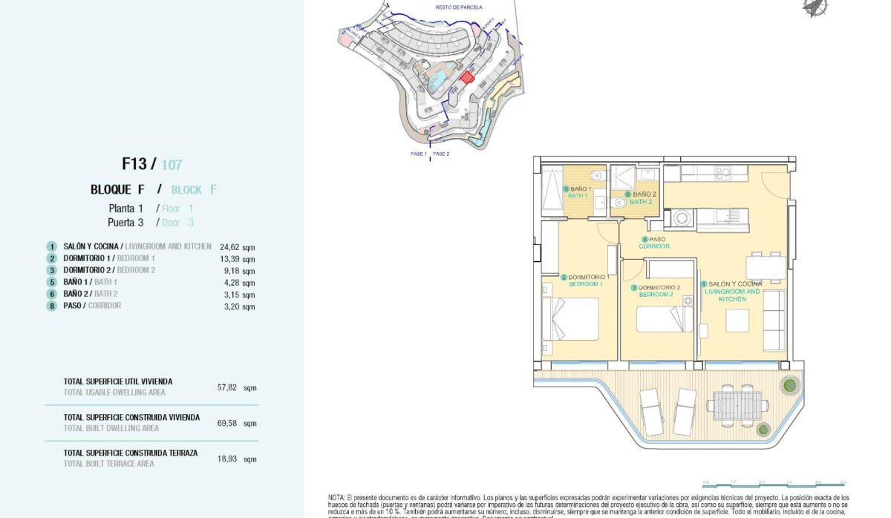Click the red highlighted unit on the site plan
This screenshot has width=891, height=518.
coord(467,77)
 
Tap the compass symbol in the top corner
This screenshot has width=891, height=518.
coord(815,7)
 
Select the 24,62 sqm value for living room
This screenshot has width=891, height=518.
coord(237,246)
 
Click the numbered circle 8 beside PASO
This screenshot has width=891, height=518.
coord(51,306)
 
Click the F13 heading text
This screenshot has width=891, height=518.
coord(135,164)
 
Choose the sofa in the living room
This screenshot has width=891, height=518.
coord(774,320)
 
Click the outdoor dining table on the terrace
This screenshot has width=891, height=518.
coord(734,405)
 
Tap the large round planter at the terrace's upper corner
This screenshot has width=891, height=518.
coord(789,385)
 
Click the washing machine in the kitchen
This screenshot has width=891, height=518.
coord(682,218)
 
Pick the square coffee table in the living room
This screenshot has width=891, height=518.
coord(737,320)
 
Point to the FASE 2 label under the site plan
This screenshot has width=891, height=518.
coord(441,154)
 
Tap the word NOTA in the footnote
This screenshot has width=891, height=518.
coord(337,497)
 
